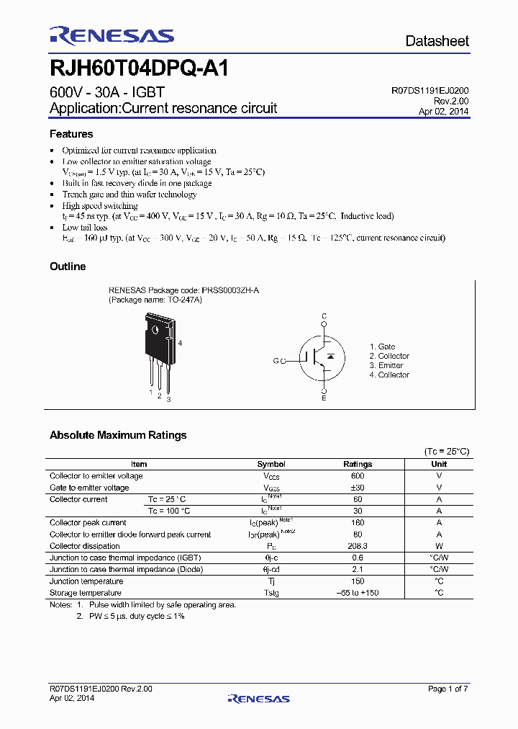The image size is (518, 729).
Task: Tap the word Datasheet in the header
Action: [437, 41]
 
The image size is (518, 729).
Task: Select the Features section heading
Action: [71, 134]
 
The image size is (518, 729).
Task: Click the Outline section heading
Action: [68, 267]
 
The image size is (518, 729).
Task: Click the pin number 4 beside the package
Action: [180, 343]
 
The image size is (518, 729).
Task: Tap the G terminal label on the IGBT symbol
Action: [275, 360]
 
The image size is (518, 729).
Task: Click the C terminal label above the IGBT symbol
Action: [324, 316]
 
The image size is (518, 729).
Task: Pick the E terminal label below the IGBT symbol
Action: [324, 398]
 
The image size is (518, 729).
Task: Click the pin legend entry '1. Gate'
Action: [382, 346]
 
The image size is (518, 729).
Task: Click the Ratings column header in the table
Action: [358, 465]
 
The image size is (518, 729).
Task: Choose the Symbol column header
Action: [271, 465]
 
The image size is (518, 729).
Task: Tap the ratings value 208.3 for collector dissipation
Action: [358, 546]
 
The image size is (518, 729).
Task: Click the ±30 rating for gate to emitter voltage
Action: [358, 488]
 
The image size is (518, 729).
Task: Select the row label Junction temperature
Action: [86, 581]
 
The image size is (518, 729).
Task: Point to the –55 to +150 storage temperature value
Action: [358, 593]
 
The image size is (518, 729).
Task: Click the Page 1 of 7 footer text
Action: [447, 689]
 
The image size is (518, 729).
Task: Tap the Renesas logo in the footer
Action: [258, 698]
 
